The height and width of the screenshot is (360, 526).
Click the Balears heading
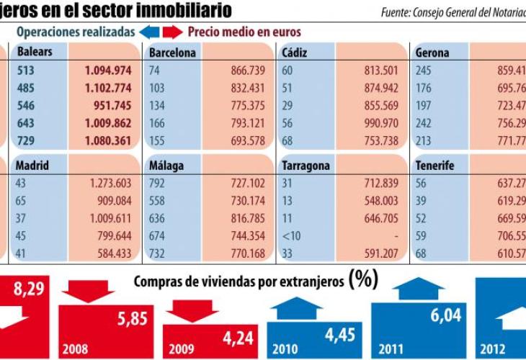[34, 52]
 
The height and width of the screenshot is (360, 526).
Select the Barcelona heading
[172, 53]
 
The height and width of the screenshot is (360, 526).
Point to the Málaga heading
[166, 166]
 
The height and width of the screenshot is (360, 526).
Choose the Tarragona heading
[306, 166]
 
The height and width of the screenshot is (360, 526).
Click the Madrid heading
[32, 166]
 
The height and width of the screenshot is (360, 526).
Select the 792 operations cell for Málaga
[157, 183]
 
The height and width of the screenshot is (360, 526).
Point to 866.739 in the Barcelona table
[244, 71]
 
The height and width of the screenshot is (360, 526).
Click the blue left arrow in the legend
[148, 32]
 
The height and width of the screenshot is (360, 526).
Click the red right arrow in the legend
[172, 32]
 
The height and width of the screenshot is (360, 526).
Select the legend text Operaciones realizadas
[75, 32]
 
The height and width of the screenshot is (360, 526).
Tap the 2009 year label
[182, 349]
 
